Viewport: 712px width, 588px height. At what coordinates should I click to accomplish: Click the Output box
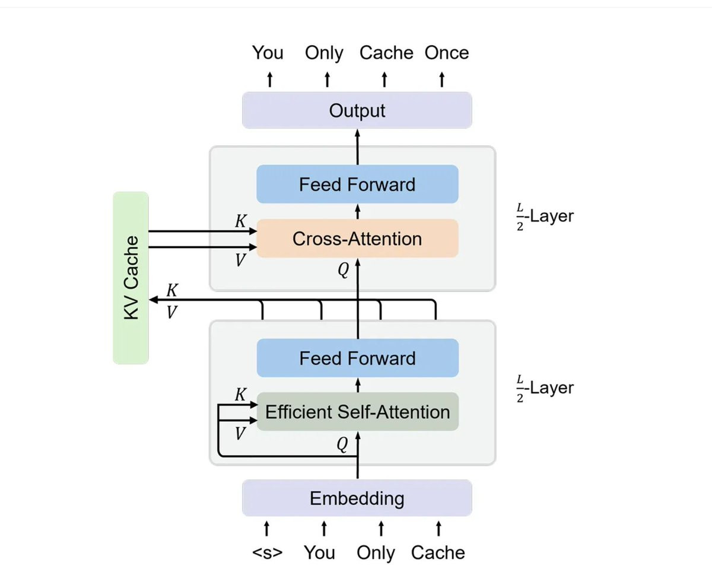[x=357, y=110]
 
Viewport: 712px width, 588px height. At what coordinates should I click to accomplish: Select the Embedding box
[x=357, y=498]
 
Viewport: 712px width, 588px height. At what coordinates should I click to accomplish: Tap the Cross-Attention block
[x=357, y=239]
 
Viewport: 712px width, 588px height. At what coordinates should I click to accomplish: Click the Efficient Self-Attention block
[x=357, y=411]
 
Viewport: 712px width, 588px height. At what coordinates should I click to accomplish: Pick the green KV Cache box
[x=131, y=277]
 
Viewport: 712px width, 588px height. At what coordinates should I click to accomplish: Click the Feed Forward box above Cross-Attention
[x=357, y=185]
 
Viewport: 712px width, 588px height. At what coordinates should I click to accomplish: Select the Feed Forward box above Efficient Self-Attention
[x=357, y=358]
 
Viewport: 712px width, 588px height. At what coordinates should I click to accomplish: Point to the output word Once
[x=446, y=53]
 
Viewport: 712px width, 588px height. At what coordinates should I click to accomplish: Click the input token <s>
[x=267, y=552]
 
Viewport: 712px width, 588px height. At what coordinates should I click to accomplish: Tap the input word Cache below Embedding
[x=438, y=552]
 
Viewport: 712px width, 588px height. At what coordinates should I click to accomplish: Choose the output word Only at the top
[x=324, y=53]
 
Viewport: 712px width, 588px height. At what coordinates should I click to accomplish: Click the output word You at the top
[x=268, y=53]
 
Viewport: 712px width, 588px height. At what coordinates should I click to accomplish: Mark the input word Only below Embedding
[x=376, y=552]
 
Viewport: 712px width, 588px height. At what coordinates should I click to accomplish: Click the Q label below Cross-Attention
[x=344, y=271]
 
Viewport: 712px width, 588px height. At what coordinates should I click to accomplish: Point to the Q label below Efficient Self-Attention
[x=342, y=444]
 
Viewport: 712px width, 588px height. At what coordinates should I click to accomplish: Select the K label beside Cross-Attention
[x=240, y=221]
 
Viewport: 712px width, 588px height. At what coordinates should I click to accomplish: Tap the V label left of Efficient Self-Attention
[x=240, y=434]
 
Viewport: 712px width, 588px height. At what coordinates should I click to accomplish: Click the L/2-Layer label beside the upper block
[x=545, y=217]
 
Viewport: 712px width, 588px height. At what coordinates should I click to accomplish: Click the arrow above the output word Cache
[x=384, y=79]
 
